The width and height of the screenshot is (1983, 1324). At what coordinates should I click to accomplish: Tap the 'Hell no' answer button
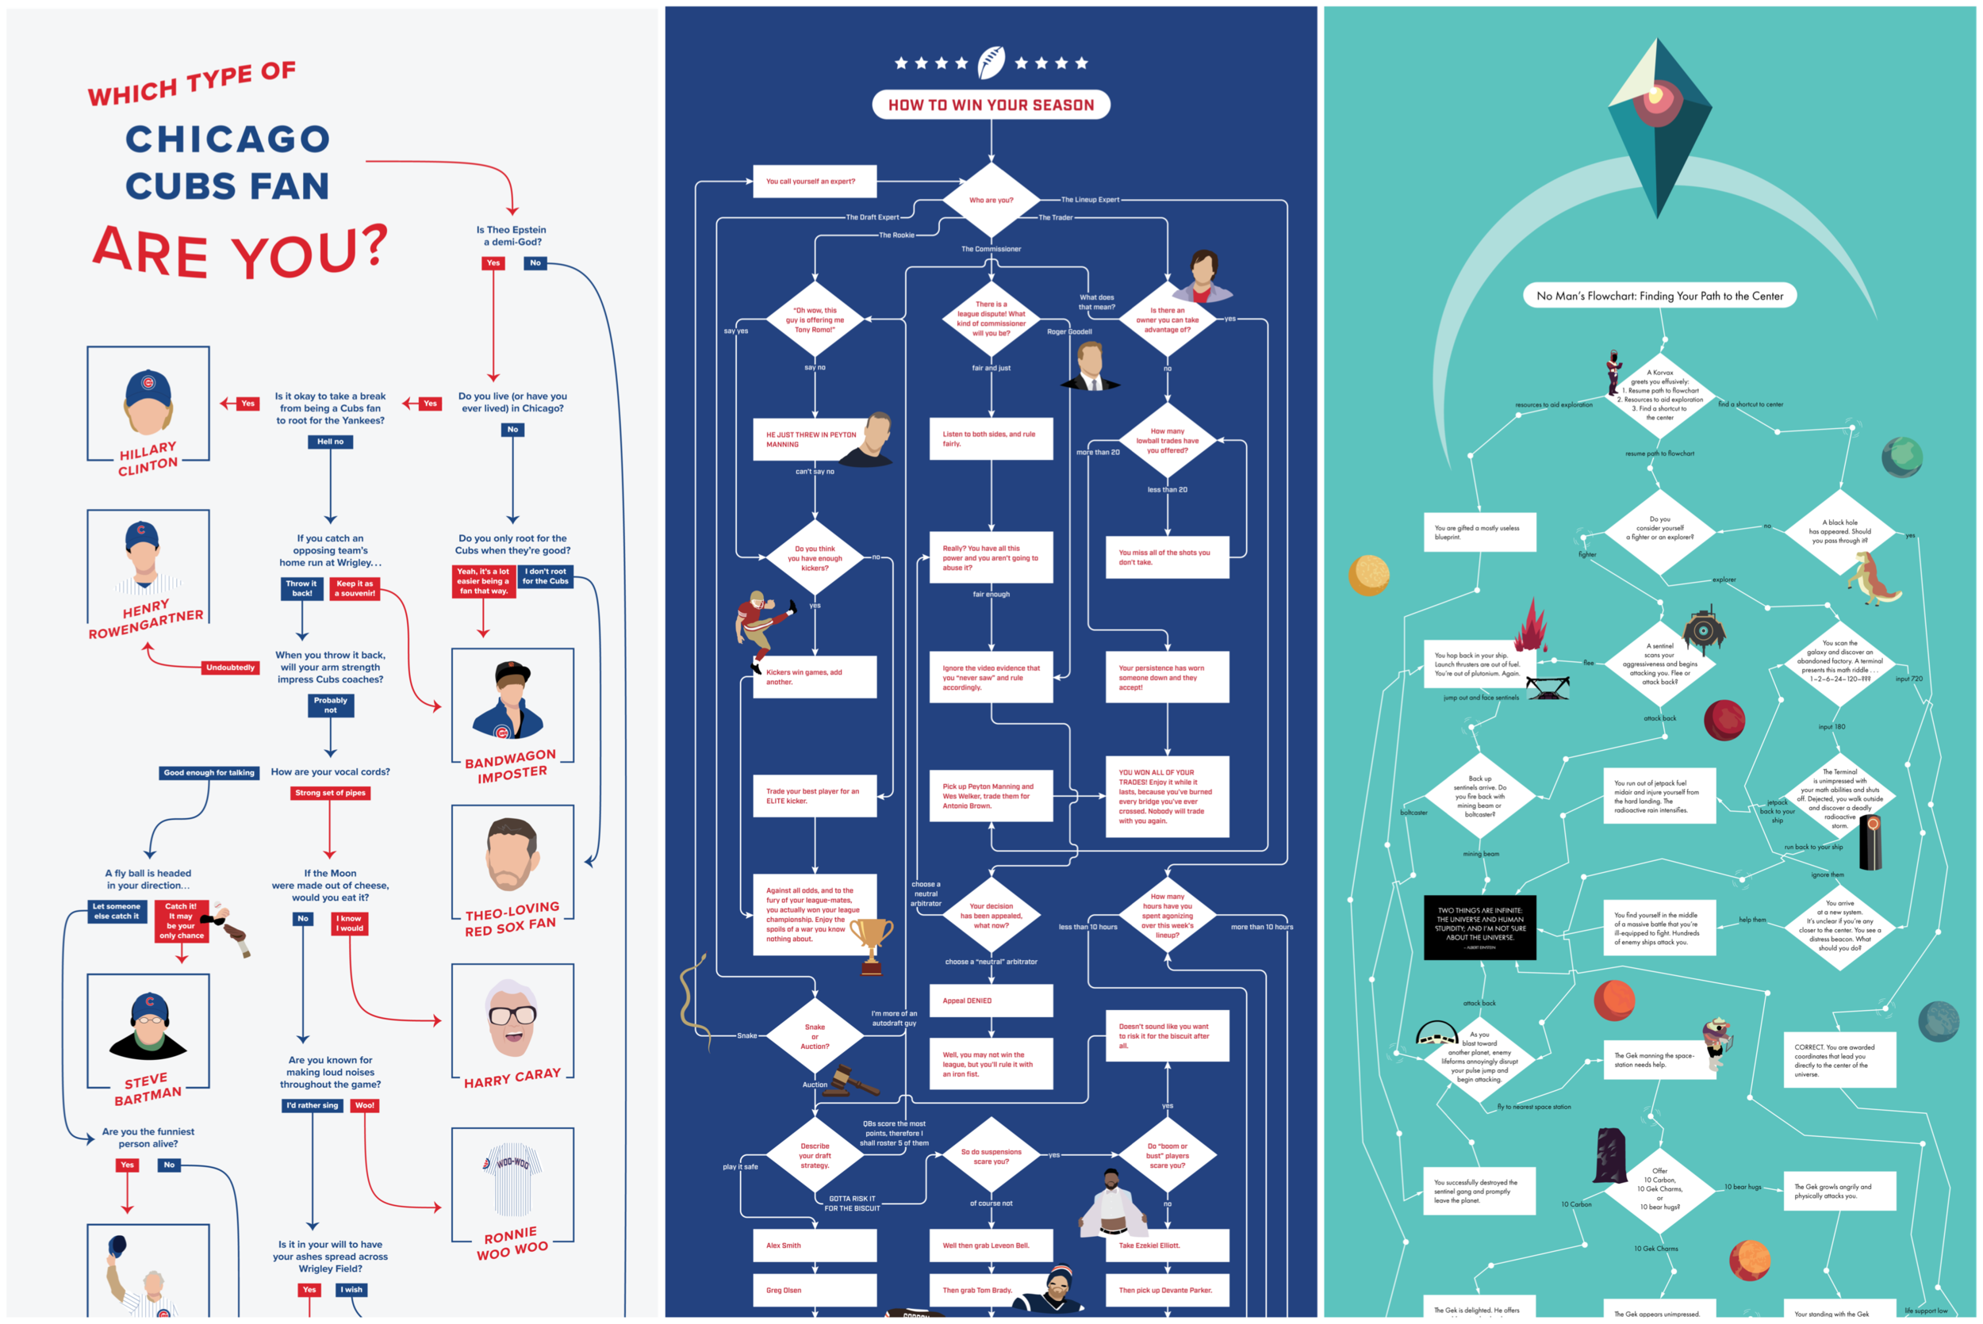tap(330, 442)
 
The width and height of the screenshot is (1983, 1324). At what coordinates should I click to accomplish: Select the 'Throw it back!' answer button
tap(301, 588)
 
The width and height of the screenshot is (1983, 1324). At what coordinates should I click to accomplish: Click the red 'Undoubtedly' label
tap(230, 668)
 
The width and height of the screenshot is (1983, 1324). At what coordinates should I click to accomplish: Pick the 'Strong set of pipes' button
tap(330, 793)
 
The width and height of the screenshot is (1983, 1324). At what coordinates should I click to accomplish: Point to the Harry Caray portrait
tap(512, 1018)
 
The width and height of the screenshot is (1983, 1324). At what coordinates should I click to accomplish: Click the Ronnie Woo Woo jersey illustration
tap(512, 1182)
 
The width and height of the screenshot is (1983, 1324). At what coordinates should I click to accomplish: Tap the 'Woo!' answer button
tap(365, 1105)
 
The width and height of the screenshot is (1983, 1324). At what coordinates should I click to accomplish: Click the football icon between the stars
tap(991, 63)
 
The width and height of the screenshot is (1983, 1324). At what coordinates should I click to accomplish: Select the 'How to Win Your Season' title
tap(991, 105)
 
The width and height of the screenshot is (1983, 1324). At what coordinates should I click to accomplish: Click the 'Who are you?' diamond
tap(991, 200)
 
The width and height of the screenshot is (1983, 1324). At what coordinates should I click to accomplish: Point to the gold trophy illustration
tap(871, 944)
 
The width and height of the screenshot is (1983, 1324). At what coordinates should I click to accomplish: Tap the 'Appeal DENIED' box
tap(991, 1001)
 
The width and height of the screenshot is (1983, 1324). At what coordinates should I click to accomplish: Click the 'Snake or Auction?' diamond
tap(814, 1037)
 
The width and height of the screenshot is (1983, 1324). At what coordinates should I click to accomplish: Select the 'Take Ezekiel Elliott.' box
tap(1166, 1246)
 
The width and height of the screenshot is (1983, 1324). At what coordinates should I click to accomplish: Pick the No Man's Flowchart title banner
tap(1659, 296)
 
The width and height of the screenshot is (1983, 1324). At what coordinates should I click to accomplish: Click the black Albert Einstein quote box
tap(1479, 927)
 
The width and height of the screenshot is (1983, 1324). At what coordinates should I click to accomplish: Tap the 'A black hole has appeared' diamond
tap(1839, 532)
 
